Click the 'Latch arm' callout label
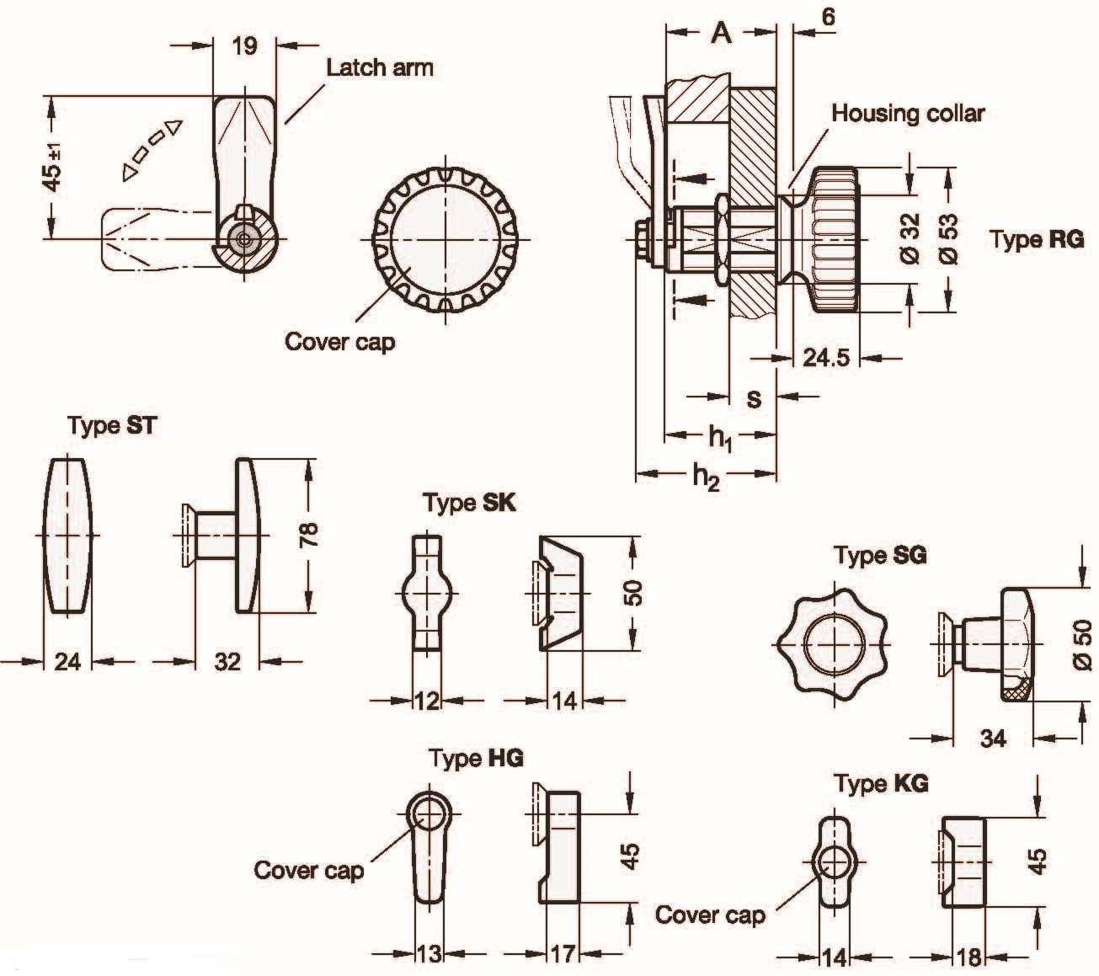tap(380, 68)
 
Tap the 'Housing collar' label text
tap(908, 114)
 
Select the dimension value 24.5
tap(825, 358)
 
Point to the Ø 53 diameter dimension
tap(949, 240)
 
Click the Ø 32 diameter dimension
tap(910, 238)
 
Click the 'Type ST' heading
tap(112, 425)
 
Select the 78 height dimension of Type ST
tap(310, 535)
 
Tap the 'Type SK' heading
tap(470, 503)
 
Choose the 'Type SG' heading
tap(880, 555)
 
